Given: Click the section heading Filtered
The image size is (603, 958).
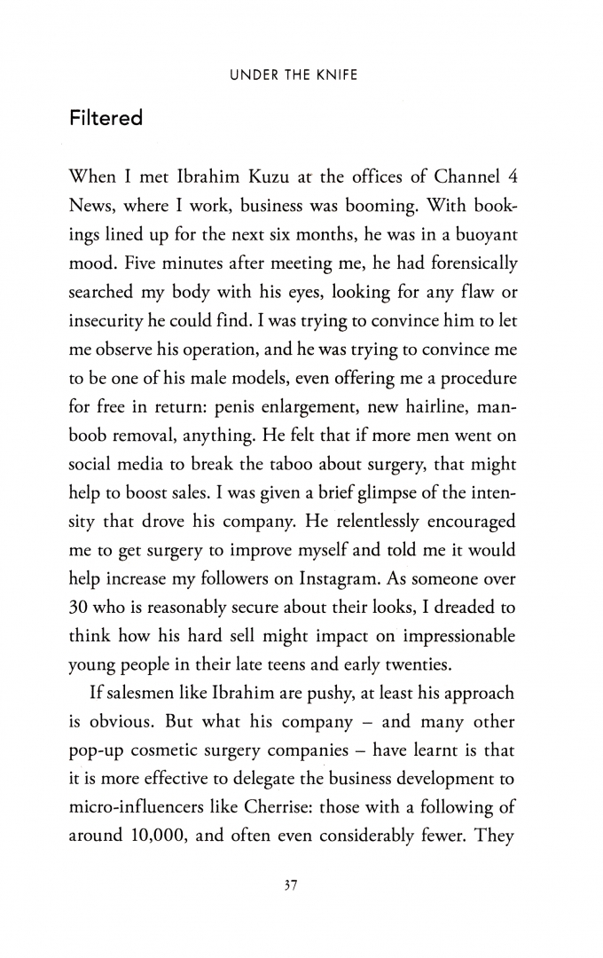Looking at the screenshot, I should tap(106, 118).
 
